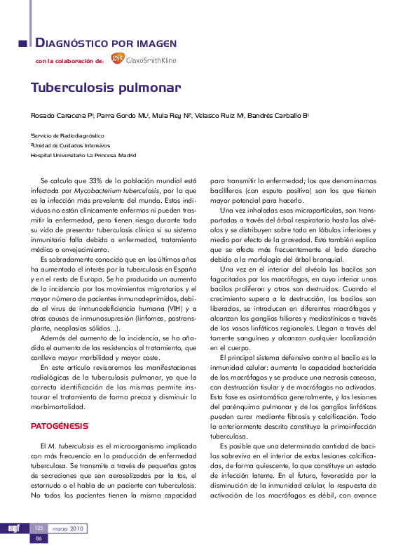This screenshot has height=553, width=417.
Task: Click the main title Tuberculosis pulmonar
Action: pos(105,88)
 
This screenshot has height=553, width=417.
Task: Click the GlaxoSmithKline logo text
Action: pos(151,60)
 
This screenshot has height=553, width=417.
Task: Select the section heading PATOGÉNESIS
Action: pos(60,426)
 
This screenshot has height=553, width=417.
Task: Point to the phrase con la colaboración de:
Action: pos(69,62)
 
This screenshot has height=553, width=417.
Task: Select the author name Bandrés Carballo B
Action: pos(278,115)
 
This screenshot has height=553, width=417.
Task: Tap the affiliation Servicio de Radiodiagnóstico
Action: pos(68,135)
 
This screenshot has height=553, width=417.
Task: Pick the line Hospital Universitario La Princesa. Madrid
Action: pos(83,155)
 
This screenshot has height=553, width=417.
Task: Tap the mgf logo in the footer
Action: pos(14,528)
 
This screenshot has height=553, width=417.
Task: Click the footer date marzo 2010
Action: pos(67,528)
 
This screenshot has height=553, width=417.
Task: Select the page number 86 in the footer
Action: pos(39,538)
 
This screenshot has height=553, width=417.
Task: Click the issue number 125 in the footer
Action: pos(39,528)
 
